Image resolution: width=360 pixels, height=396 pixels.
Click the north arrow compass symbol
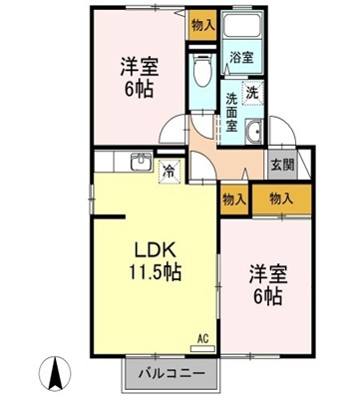(55, 372)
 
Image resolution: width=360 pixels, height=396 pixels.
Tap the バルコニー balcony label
(172, 373)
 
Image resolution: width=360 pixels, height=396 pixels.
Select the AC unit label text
(202, 339)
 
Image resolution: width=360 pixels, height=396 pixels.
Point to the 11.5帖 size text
(156, 272)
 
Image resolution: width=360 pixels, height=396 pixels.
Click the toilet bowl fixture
(202, 70)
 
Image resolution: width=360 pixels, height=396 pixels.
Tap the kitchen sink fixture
(142, 162)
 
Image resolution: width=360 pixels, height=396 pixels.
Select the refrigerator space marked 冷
(170, 172)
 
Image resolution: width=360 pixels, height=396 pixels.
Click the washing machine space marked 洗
(253, 93)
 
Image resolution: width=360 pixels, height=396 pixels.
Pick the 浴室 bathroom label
(241, 58)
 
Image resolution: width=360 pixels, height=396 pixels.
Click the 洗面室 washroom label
(231, 112)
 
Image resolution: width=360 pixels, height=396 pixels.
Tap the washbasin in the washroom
(254, 132)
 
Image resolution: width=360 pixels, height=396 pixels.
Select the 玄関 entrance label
(283, 165)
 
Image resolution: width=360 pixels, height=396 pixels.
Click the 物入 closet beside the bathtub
(202, 25)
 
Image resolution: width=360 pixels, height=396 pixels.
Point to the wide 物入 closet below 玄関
(281, 198)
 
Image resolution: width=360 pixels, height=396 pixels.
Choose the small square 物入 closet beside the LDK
(234, 199)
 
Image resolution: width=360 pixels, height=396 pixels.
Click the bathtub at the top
(242, 24)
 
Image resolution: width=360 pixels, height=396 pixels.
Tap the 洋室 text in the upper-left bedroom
(140, 67)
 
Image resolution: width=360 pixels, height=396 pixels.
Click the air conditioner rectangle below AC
(202, 348)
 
